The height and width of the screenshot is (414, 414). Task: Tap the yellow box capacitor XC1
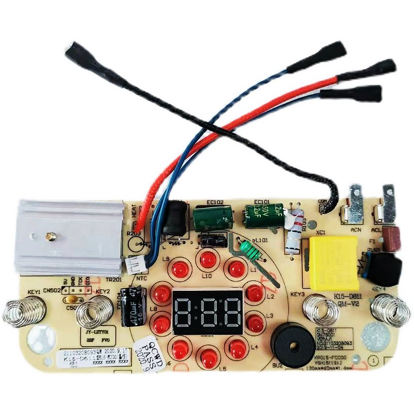pos(333,263)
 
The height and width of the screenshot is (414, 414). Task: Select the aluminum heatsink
pos(70,236)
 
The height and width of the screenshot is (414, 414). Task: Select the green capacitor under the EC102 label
pos(212,218)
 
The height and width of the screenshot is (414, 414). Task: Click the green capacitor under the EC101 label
pos(264,215)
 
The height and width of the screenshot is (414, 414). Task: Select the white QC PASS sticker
pos(149,350)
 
